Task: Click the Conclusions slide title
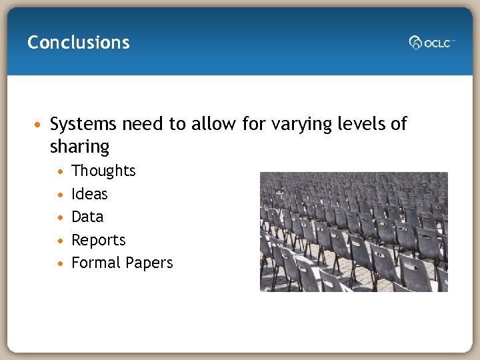pos(79,43)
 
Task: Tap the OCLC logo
pos(431,43)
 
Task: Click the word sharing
pos(79,147)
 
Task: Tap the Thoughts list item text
pos(103,171)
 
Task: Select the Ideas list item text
pos(89,194)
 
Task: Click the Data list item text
pos(87,217)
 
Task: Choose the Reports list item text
pos(99,240)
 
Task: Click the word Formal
pos(93,263)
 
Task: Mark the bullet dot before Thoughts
pos(61,171)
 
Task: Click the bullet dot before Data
pos(61,217)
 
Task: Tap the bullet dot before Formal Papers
pos(61,263)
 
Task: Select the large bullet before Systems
pos(40,125)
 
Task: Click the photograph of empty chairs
pos(353,231)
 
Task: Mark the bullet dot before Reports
pos(61,241)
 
